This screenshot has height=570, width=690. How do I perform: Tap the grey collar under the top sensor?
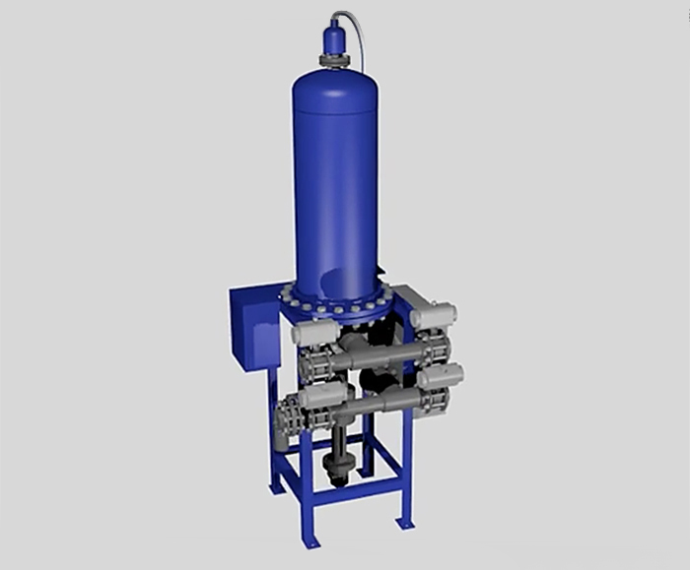[x=335, y=60]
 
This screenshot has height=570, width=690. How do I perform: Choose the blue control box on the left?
[x=254, y=327]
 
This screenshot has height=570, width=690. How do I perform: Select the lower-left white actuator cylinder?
[x=321, y=396]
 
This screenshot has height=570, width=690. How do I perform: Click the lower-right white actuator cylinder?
[x=441, y=376]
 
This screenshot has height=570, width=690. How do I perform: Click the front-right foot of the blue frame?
[x=403, y=522]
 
